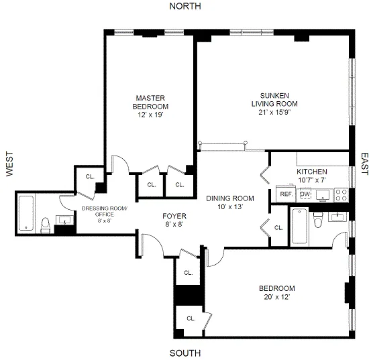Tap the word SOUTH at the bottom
(x=185, y=353)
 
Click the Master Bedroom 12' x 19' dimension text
(x=150, y=115)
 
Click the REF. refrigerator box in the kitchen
(x=285, y=194)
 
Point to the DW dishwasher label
(x=305, y=194)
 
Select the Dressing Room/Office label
(x=104, y=213)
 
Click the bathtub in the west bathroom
(x=25, y=213)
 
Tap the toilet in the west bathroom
(x=45, y=225)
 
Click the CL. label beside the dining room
(x=278, y=228)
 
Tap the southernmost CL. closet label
(x=191, y=318)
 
